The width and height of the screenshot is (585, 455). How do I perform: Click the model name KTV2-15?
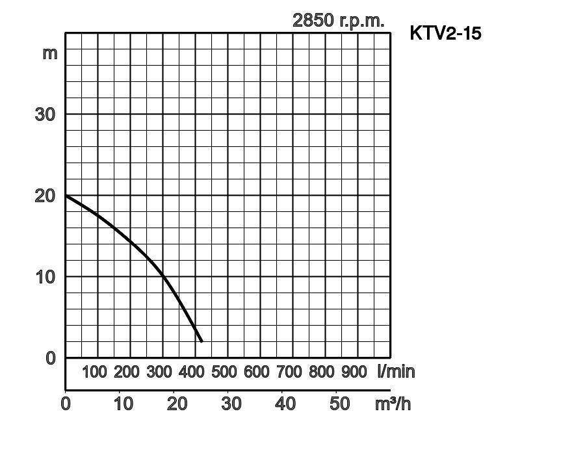tap(445, 33)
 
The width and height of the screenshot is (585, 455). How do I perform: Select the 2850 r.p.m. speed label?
tap(338, 20)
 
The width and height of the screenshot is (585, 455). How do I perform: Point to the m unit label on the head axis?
tap(50, 53)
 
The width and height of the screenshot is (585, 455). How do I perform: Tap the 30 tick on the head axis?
tap(45, 114)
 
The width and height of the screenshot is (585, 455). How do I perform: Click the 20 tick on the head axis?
tap(45, 196)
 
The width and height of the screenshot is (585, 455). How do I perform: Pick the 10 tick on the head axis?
tap(45, 277)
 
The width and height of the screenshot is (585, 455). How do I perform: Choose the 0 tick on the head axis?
tap(51, 358)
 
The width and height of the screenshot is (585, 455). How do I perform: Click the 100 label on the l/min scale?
tap(94, 372)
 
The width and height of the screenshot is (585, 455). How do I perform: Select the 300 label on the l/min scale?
tap(159, 372)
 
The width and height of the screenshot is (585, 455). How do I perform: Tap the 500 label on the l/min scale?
tap(224, 372)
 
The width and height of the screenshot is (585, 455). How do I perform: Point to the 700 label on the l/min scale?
tap(289, 372)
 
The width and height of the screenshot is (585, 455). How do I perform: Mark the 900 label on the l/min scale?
tap(354, 372)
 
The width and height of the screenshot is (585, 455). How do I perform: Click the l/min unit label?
tap(396, 372)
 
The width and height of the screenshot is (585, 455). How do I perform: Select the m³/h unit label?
tap(393, 404)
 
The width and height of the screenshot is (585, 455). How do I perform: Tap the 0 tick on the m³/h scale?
tap(66, 404)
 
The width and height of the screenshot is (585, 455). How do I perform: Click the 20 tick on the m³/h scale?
tap(177, 404)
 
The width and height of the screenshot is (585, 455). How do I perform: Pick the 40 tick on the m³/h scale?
tap(285, 404)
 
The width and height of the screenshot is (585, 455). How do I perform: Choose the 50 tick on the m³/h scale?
tap(340, 404)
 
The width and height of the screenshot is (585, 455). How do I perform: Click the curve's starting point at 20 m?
tap(66, 196)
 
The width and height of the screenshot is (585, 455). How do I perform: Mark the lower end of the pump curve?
tap(201, 341)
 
